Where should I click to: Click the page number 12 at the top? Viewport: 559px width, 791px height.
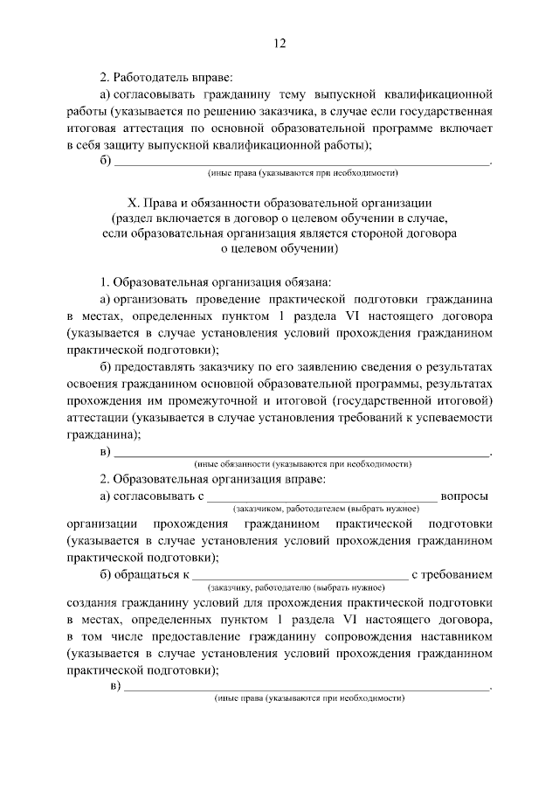coord(279,43)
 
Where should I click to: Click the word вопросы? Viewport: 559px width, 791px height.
coord(465,497)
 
